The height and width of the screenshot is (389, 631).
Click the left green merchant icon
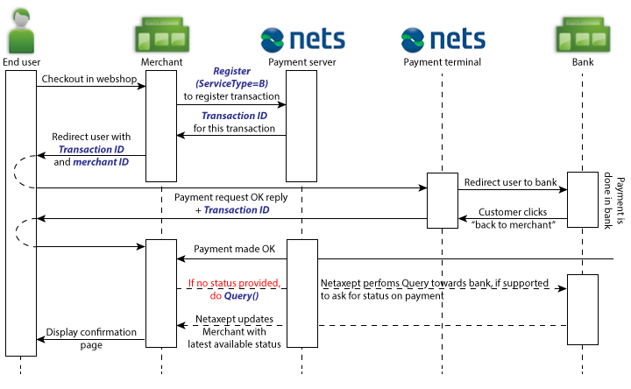coord(161,33)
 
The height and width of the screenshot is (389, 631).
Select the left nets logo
coord(301,39)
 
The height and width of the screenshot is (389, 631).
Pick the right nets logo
coord(443,39)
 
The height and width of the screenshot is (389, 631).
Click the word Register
coord(231,70)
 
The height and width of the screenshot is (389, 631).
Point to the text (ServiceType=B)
coord(231,84)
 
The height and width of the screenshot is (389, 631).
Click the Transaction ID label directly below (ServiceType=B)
coord(234,116)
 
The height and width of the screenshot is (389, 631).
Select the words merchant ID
coord(101,162)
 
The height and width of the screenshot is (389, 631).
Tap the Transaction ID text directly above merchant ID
coord(91,150)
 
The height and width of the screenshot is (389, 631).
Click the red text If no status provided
coord(234,283)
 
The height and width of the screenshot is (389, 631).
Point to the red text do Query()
coord(234,297)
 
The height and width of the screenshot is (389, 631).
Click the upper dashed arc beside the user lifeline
coord(25,172)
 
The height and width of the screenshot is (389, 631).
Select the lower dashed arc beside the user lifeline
coord(26,232)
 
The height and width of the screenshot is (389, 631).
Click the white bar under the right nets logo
coord(443,201)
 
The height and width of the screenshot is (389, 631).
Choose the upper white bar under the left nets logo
coord(301,126)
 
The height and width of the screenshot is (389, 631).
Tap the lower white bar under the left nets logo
coord(301,293)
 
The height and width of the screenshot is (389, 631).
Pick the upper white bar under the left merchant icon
coord(161,126)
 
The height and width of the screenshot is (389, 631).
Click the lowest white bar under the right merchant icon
coord(583,309)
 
